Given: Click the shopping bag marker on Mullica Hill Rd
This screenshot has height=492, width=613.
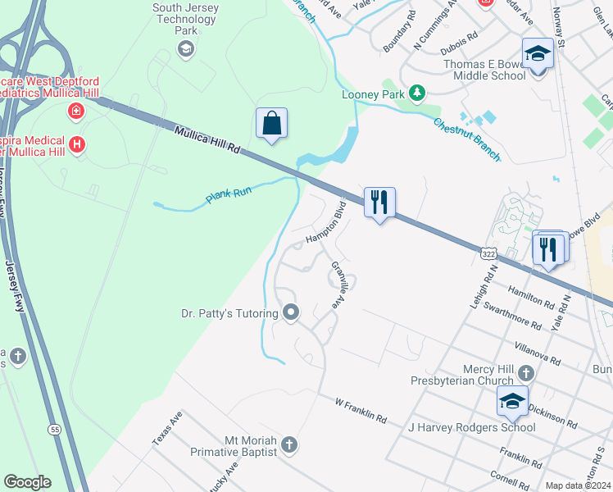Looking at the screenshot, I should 272,125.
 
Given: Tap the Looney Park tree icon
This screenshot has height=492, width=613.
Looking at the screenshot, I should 418,93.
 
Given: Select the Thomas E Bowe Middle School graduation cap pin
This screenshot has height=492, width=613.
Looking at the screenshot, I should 538,54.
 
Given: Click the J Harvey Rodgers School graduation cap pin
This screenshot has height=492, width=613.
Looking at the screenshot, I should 512,402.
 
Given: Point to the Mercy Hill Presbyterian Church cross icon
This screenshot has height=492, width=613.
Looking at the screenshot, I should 524,373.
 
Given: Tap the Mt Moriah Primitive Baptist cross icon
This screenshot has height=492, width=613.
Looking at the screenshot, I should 288,445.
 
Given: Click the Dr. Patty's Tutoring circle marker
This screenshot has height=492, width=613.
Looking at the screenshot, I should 290,312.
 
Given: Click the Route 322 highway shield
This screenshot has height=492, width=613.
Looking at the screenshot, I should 488,255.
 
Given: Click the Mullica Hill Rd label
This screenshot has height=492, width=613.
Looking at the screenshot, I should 207,139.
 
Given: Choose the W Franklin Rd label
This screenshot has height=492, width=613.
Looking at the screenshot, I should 361,410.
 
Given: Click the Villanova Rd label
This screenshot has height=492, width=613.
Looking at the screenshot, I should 536,353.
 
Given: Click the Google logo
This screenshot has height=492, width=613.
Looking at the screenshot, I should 27,482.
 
